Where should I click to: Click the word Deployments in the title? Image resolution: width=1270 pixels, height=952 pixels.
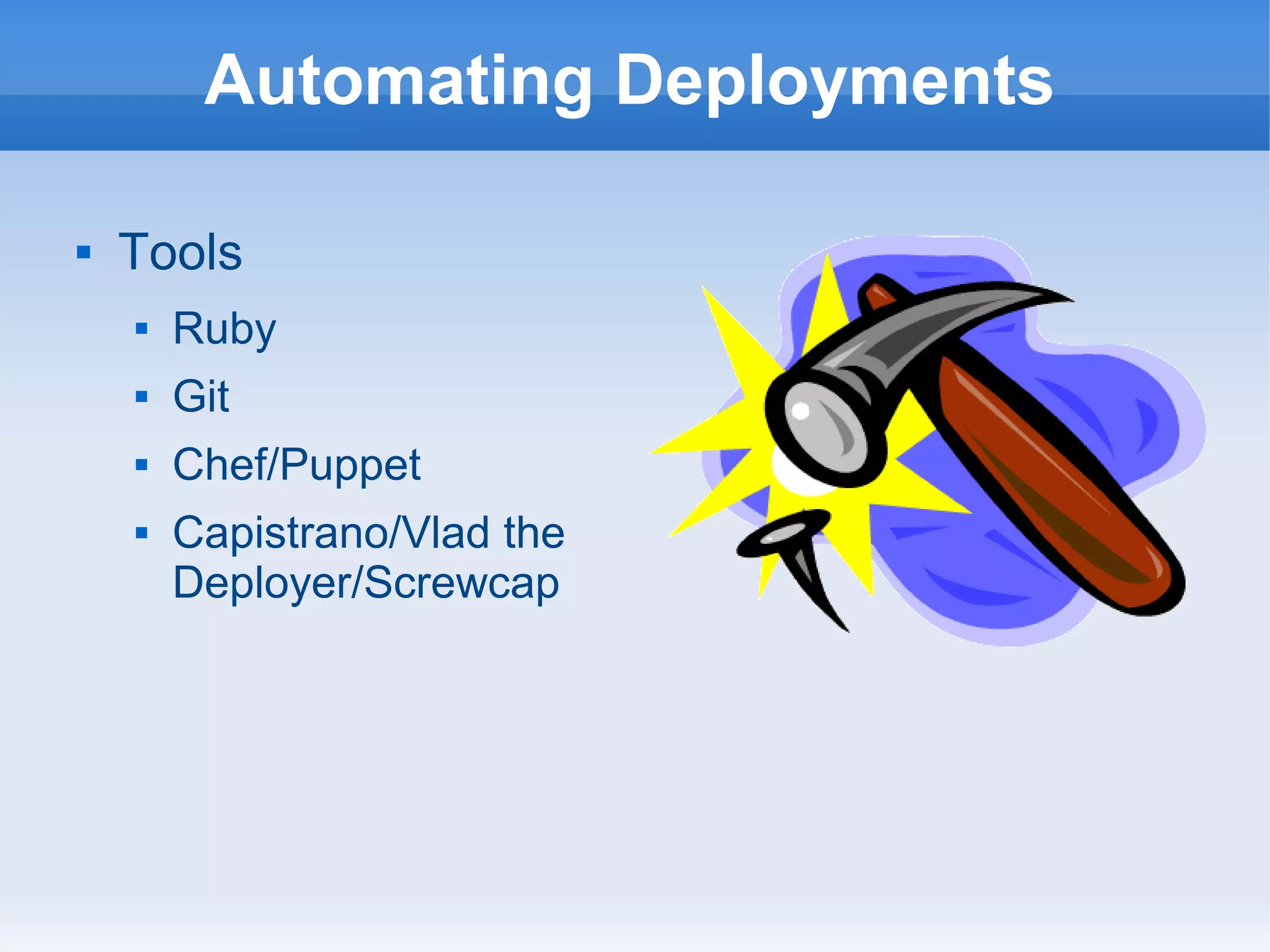point(833,81)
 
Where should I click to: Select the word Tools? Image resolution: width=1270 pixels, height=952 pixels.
point(180,252)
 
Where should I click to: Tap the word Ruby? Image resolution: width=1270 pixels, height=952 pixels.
point(224,329)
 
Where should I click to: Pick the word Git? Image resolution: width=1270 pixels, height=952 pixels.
point(201,396)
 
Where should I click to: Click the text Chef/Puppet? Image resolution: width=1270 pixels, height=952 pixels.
point(296,465)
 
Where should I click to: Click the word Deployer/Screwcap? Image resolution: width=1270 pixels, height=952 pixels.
point(366,583)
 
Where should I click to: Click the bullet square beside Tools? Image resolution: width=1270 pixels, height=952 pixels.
point(84,252)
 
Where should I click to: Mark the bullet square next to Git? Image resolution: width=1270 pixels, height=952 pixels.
point(141,396)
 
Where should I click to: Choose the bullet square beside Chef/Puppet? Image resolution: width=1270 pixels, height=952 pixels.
point(141,465)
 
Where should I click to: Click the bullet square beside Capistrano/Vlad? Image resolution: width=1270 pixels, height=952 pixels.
point(141,533)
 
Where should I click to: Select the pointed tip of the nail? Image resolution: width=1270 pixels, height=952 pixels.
point(846,630)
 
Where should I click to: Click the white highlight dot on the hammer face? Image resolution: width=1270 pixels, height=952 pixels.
point(801,411)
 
